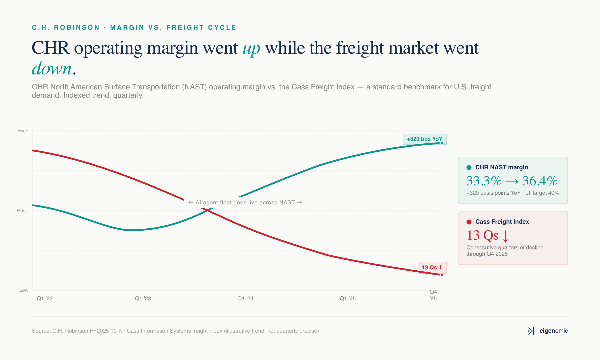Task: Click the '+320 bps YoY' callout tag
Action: point(424,139)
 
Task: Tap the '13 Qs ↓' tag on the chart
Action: point(432,267)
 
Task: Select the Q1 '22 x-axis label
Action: point(45,299)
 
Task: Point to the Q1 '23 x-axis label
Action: point(143,299)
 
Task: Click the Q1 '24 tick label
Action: point(245,299)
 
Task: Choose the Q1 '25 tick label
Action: point(348,299)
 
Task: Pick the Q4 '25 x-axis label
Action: point(433,295)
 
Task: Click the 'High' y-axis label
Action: point(23,131)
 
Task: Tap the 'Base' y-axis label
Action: point(23,211)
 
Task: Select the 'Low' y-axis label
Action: point(24,290)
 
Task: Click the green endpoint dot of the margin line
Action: point(442,143)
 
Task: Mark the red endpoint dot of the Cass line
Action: point(442,275)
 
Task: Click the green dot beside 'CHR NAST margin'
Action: point(469,167)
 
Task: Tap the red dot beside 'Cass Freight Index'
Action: point(469,222)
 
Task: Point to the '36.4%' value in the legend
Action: point(540,181)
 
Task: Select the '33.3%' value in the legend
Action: point(484,181)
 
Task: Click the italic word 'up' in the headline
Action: point(251,48)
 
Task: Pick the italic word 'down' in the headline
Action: point(52,69)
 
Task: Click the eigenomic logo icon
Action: point(531,331)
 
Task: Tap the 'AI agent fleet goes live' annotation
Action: point(245,203)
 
